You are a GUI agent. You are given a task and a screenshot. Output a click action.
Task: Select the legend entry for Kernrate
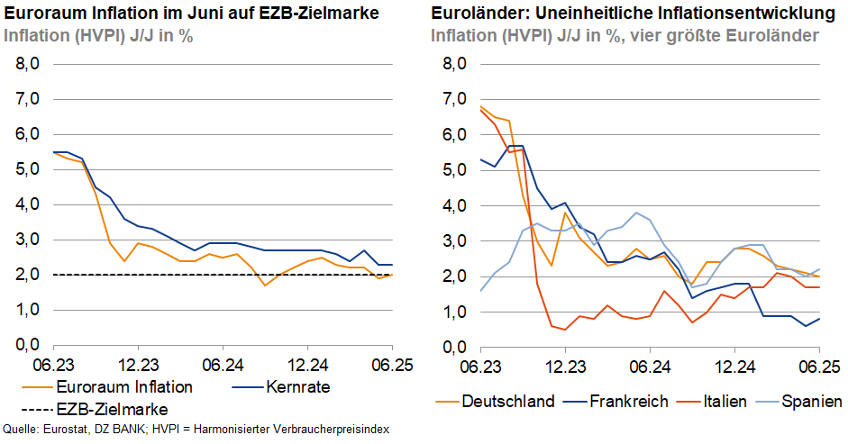click(x=297, y=387)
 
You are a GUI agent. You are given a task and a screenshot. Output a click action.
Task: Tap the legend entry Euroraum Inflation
click(x=124, y=387)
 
